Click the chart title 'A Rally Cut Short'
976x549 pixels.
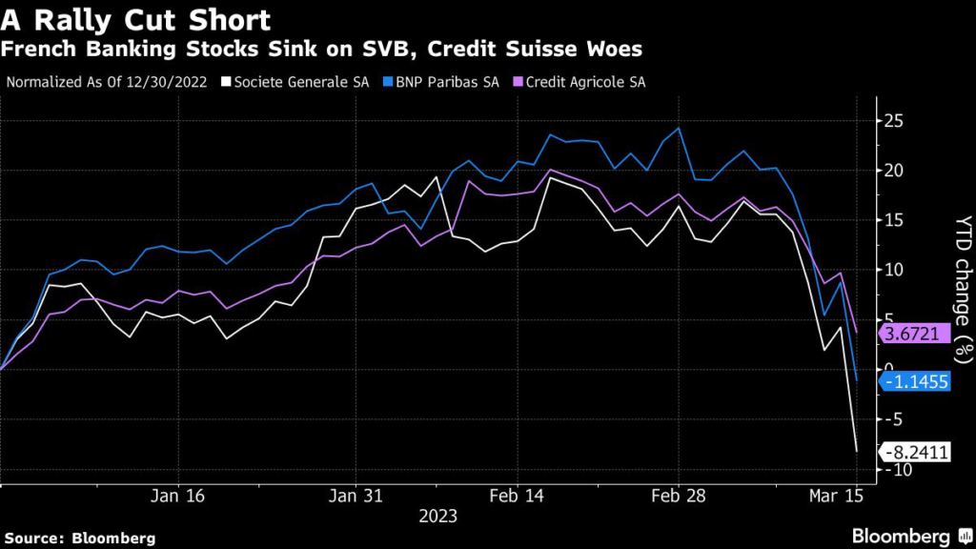[138, 19]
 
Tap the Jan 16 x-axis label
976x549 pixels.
[178, 496]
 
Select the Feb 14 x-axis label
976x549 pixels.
[516, 496]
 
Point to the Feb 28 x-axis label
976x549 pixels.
[678, 496]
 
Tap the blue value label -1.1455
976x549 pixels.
[916, 382]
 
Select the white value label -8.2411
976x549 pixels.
[916, 453]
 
